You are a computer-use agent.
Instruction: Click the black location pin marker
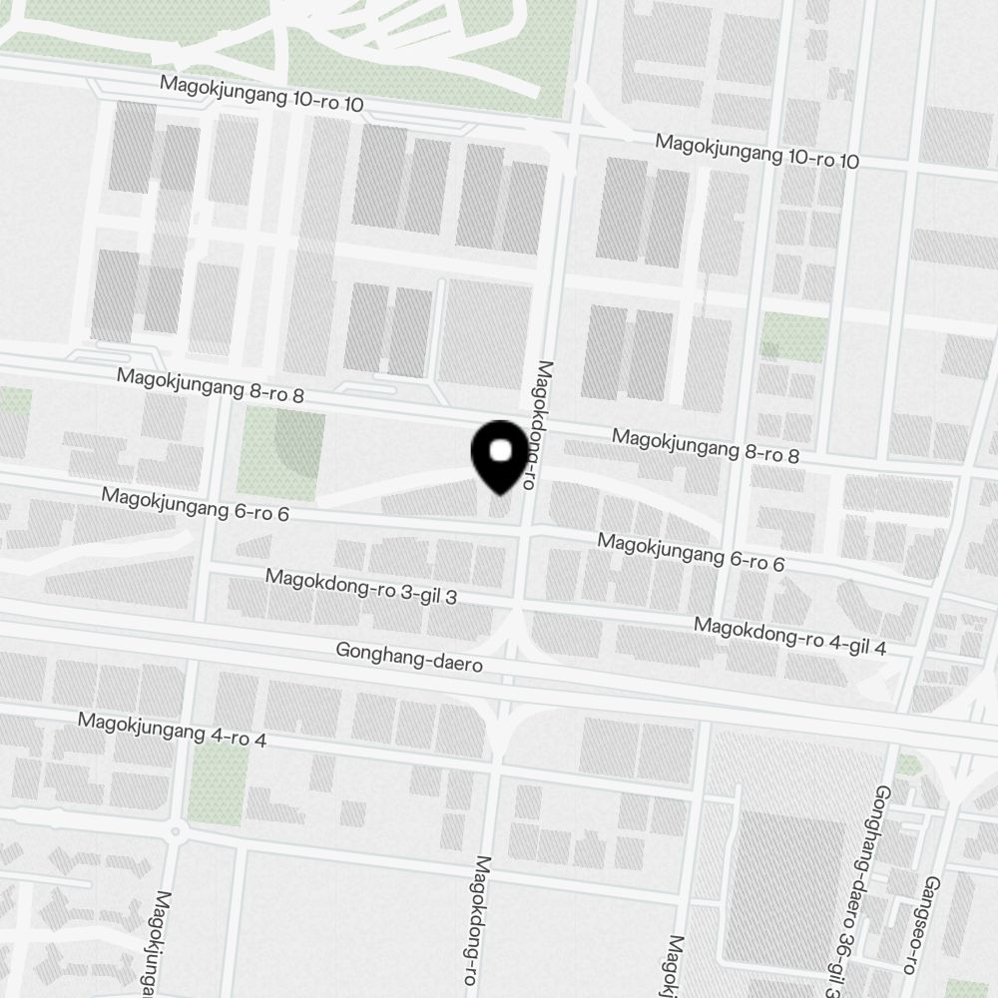tap(499, 455)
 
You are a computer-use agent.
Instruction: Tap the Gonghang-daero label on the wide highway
tap(410, 657)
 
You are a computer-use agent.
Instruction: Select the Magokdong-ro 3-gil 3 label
tap(361, 587)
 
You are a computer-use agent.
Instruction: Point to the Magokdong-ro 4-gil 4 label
tap(790, 637)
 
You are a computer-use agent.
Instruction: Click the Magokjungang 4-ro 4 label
tap(173, 731)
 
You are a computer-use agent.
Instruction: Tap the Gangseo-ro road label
tap(932, 924)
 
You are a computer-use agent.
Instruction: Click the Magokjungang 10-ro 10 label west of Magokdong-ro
tap(262, 94)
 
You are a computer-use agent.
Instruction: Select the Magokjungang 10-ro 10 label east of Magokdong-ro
tap(756, 152)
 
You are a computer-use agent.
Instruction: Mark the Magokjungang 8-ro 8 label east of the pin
tap(706, 446)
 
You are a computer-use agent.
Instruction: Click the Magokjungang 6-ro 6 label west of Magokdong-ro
tap(195, 505)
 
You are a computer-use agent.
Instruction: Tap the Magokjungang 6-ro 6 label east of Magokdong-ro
tap(691, 552)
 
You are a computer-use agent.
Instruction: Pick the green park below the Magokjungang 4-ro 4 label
tap(219, 783)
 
